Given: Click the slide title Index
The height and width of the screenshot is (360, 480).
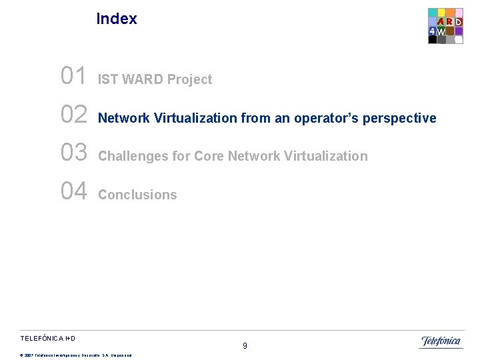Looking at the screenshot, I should pos(117,19).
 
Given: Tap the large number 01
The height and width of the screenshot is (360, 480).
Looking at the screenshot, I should pos(73,77).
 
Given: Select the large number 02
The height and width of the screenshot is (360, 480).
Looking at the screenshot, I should pos(73,115).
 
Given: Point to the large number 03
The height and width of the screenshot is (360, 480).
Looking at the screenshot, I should pos(73,153).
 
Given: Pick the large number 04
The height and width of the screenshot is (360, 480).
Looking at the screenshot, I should pos(73,192).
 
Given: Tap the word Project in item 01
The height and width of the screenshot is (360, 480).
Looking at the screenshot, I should pos(190,80).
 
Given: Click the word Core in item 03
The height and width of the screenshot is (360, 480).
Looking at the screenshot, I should pos(209,157).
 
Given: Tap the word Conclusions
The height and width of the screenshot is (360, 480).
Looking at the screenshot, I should pos(137,195).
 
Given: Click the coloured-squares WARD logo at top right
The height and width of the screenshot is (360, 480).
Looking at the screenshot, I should pos(445,26).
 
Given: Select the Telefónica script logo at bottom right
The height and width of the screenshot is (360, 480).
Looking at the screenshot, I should pos(441,342).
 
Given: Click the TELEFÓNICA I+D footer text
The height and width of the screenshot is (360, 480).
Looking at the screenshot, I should pos(52,339).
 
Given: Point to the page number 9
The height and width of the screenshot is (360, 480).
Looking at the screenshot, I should pos(245,346).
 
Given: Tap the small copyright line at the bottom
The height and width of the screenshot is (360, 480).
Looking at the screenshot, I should pos(76,355).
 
